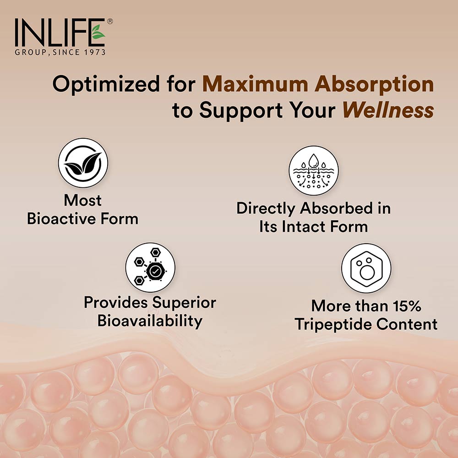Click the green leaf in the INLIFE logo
pyautogui.click(x=98, y=33)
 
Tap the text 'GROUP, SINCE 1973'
pyautogui.click(x=60, y=52)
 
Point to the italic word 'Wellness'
pyautogui.click(x=388, y=110)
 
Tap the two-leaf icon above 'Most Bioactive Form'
pyautogui.click(x=83, y=164)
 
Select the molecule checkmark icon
pyautogui.click(x=151, y=267)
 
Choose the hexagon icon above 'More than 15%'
pyautogui.click(x=366, y=268)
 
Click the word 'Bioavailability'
pyautogui.click(x=150, y=321)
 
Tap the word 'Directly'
pyautogui.click(x=266, y=208)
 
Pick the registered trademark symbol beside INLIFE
pyautogui.click(x=109, y=22)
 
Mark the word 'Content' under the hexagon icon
pyautogui.click(x=406, y=324)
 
